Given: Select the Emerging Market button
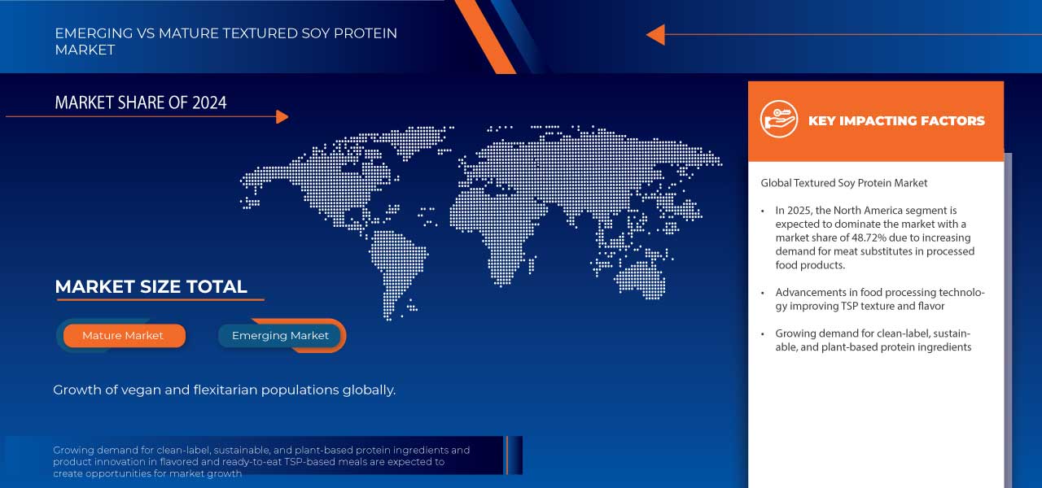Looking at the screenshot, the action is click(x=280, y=336).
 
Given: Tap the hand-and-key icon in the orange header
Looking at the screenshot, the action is click(x=779, y=119).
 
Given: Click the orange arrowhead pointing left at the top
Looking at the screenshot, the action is click(x=656, y=35).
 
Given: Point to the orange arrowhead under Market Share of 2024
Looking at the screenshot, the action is click(x=282, y=116).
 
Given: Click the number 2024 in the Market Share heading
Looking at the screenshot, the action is click(x=209, y=102).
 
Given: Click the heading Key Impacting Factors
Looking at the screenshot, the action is click(x=896, y=121).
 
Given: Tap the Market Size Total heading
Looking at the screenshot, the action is click(x=151, y=287).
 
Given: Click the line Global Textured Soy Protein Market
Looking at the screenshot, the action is click(x=844, y=183).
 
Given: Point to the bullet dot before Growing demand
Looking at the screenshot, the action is click(x=763, y=334).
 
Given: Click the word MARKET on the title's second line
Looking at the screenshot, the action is click(x=85, y=50).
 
